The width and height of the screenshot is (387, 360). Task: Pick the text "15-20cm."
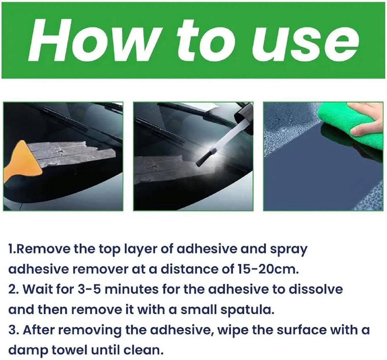(x=268, y=269)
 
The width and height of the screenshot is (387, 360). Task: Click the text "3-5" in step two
(x=89, y=289)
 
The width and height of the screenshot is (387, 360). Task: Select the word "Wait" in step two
(x=37, y=289)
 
